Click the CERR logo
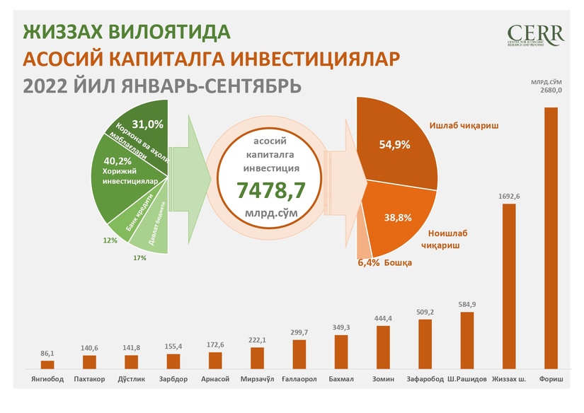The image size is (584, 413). pos(535,35)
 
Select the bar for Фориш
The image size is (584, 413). pos(551,237)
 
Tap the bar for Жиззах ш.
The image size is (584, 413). pos(509,286)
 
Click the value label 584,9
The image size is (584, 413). pos(467,306)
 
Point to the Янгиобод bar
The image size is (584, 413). pos(47,364)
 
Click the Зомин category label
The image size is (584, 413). pos(383,379)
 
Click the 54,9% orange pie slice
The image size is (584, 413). pos(396,145)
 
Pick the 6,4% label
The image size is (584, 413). pos(368,263)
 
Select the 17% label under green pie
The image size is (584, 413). pos(139,258)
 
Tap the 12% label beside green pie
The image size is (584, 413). pos(110,240)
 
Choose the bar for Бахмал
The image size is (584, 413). pos(341,351)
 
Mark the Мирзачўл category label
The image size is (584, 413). pos(257,379)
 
